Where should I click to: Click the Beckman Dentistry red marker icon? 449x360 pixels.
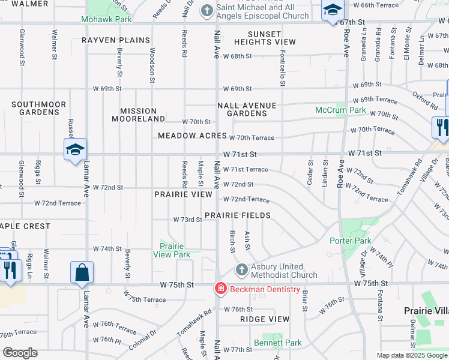(x=221, y=289)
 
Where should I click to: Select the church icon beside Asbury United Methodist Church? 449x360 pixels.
(x=241, y=270)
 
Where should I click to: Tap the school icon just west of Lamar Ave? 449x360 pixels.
(x=76, y=149)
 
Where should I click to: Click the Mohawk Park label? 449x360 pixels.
(x=106, y=19)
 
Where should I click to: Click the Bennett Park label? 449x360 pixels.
(x=277, y=343)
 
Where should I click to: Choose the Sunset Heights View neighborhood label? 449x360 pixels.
(x=265, y=38)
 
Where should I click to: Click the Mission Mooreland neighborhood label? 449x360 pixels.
(x=138, y=115)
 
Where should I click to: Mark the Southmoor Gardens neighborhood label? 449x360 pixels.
(x=38, y=109)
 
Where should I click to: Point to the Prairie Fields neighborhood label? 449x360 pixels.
(x=237, y=215)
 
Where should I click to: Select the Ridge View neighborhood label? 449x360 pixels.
(x=265, y=319)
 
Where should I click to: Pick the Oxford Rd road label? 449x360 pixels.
(x=424, y=100)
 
